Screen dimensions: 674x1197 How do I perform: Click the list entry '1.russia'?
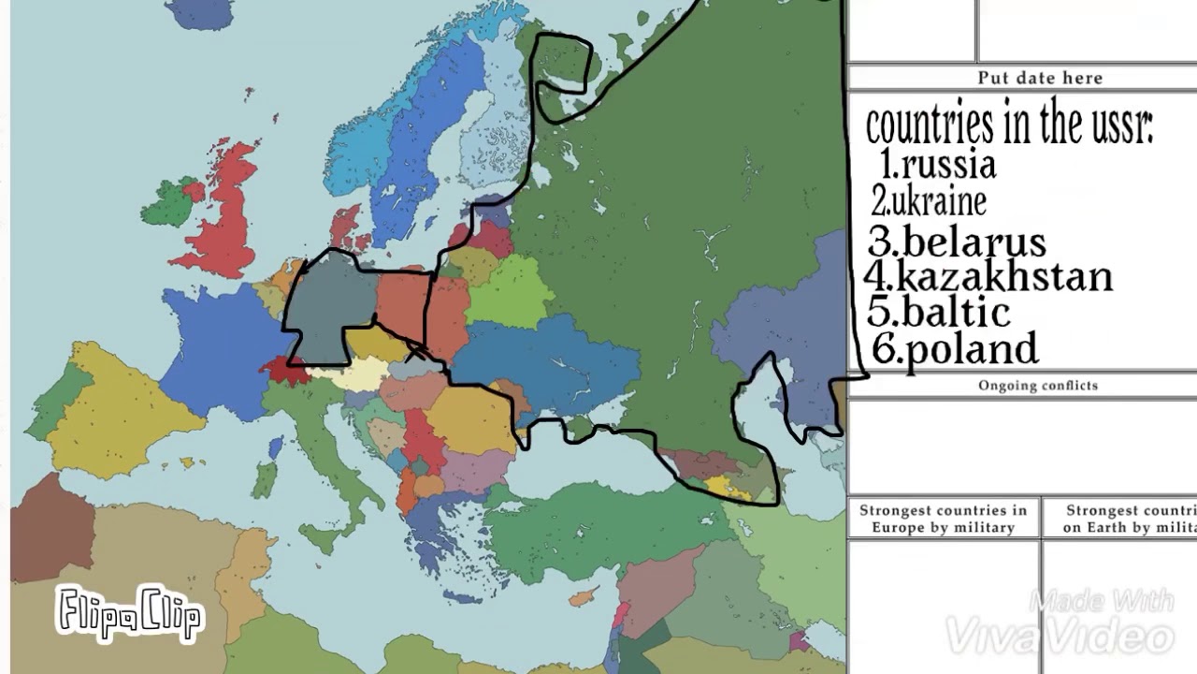(x=938, y=165)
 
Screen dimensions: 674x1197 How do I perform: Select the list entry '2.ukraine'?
(x=928, y=201)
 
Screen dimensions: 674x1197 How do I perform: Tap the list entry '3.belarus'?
(x=957, y=242)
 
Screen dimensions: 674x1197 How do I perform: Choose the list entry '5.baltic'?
(x=939, y=312)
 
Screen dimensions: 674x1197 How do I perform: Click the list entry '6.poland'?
(x=955, y=349)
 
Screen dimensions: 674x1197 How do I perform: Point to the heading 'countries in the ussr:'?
(x=1009, y=125)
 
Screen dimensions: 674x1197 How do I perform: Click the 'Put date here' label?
(x=1039, y=78)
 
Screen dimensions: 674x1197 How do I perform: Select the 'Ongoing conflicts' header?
(x=1037, y=386)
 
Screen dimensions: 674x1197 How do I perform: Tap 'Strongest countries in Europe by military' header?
(x=943, y=519)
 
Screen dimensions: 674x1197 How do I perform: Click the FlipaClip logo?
(x=128, y=614)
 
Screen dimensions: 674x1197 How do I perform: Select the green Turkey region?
(x=598, y=524)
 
